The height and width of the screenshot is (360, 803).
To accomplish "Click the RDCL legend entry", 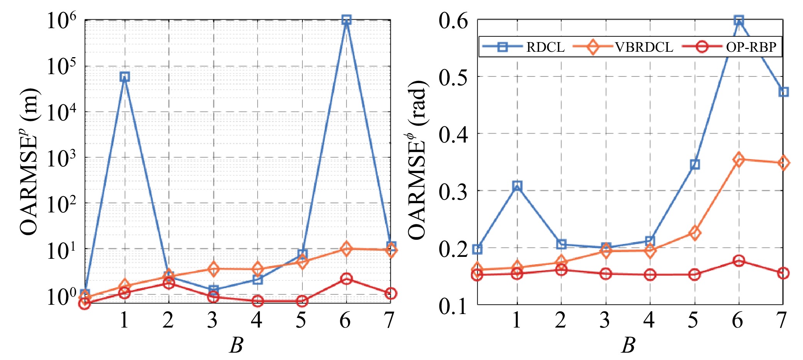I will (523, 47).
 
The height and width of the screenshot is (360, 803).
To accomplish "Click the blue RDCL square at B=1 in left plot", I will (124, 77).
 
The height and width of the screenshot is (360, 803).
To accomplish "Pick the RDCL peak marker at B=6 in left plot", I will (346, 20).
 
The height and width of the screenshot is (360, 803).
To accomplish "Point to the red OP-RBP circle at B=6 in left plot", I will (346, 278).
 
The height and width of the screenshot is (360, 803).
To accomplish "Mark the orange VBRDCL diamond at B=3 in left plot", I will (213, 269).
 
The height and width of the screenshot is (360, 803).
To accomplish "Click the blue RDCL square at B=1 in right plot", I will (517, 186).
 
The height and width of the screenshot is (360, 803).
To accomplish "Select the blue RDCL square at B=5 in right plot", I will (694, 165).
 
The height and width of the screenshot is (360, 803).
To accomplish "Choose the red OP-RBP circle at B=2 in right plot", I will (561, 270).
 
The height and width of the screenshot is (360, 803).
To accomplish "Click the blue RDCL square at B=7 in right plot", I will (783, 92).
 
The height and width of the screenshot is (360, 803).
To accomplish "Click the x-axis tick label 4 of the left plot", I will (256, 320).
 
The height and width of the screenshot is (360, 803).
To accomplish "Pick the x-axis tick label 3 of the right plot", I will (605, 320).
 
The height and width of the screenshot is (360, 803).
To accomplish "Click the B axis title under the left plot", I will (236, 345).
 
